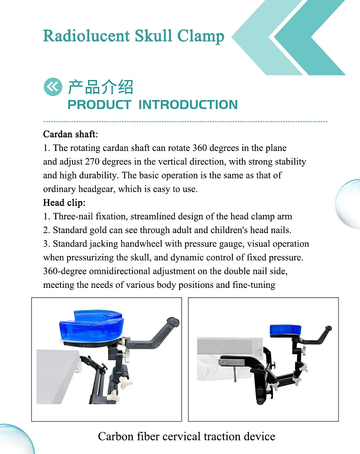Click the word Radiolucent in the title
86,36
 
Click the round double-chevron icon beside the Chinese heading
53,86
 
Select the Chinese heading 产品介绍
100,87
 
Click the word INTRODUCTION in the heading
188,105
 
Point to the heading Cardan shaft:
71,134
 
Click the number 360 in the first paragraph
200,148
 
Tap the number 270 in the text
92,162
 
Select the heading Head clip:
64,203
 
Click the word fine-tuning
254,285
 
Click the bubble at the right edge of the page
349,204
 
